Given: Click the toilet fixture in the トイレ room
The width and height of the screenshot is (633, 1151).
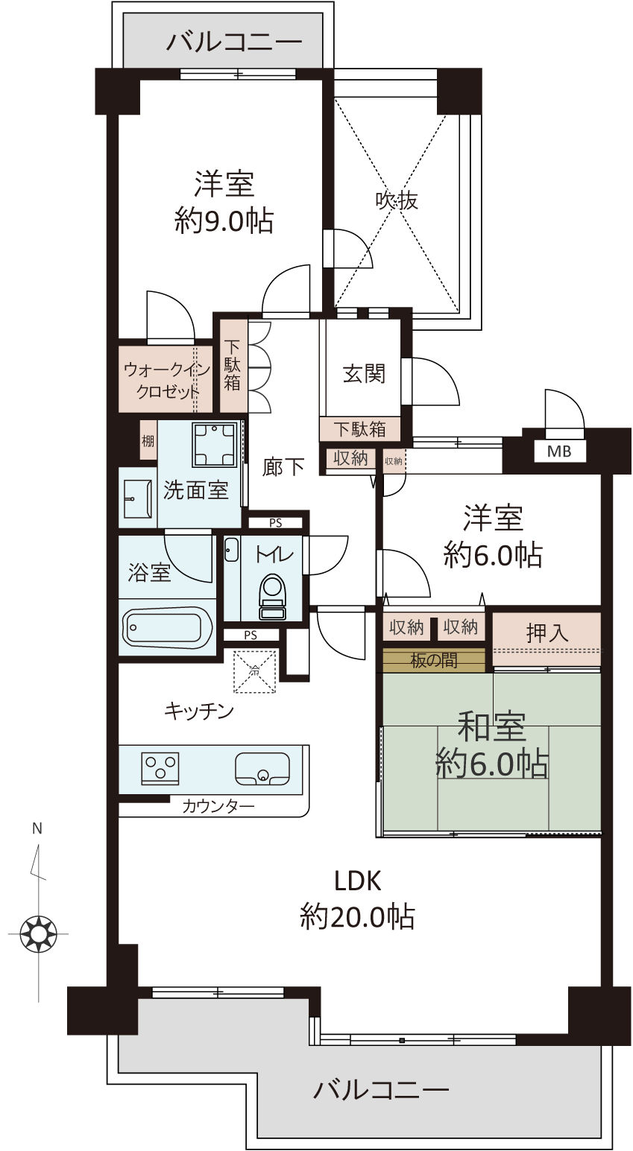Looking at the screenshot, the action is [272, 597].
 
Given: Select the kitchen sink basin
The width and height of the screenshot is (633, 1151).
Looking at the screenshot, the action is [262, 769].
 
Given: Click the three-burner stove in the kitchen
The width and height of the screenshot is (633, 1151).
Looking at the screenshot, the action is [160, 769].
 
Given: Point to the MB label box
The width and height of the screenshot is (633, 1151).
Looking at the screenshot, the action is [559, 451].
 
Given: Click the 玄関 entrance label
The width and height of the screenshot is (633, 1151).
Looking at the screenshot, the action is [364, 373].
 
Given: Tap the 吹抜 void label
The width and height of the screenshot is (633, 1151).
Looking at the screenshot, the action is [397, 200].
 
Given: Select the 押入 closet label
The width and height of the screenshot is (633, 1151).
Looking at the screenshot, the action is [547, 633].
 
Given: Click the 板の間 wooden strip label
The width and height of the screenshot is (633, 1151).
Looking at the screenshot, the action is [434, 660].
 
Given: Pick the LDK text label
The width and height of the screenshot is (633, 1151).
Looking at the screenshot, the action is [358, 881].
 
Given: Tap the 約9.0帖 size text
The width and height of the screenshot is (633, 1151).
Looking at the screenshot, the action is [224, 221].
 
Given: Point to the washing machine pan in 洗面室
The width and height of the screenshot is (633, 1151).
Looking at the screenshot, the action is [215, 445].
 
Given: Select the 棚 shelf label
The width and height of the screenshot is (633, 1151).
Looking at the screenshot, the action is [148, 441].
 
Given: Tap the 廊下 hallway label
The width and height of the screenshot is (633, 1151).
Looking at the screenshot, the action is [283, 467].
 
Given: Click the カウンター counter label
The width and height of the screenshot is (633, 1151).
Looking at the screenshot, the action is [218, 806].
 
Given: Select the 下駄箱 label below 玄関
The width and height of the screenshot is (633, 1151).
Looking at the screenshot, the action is [359, 429].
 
